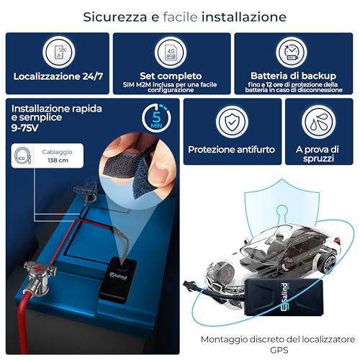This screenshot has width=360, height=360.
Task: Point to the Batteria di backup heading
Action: click(x=294, y=74)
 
